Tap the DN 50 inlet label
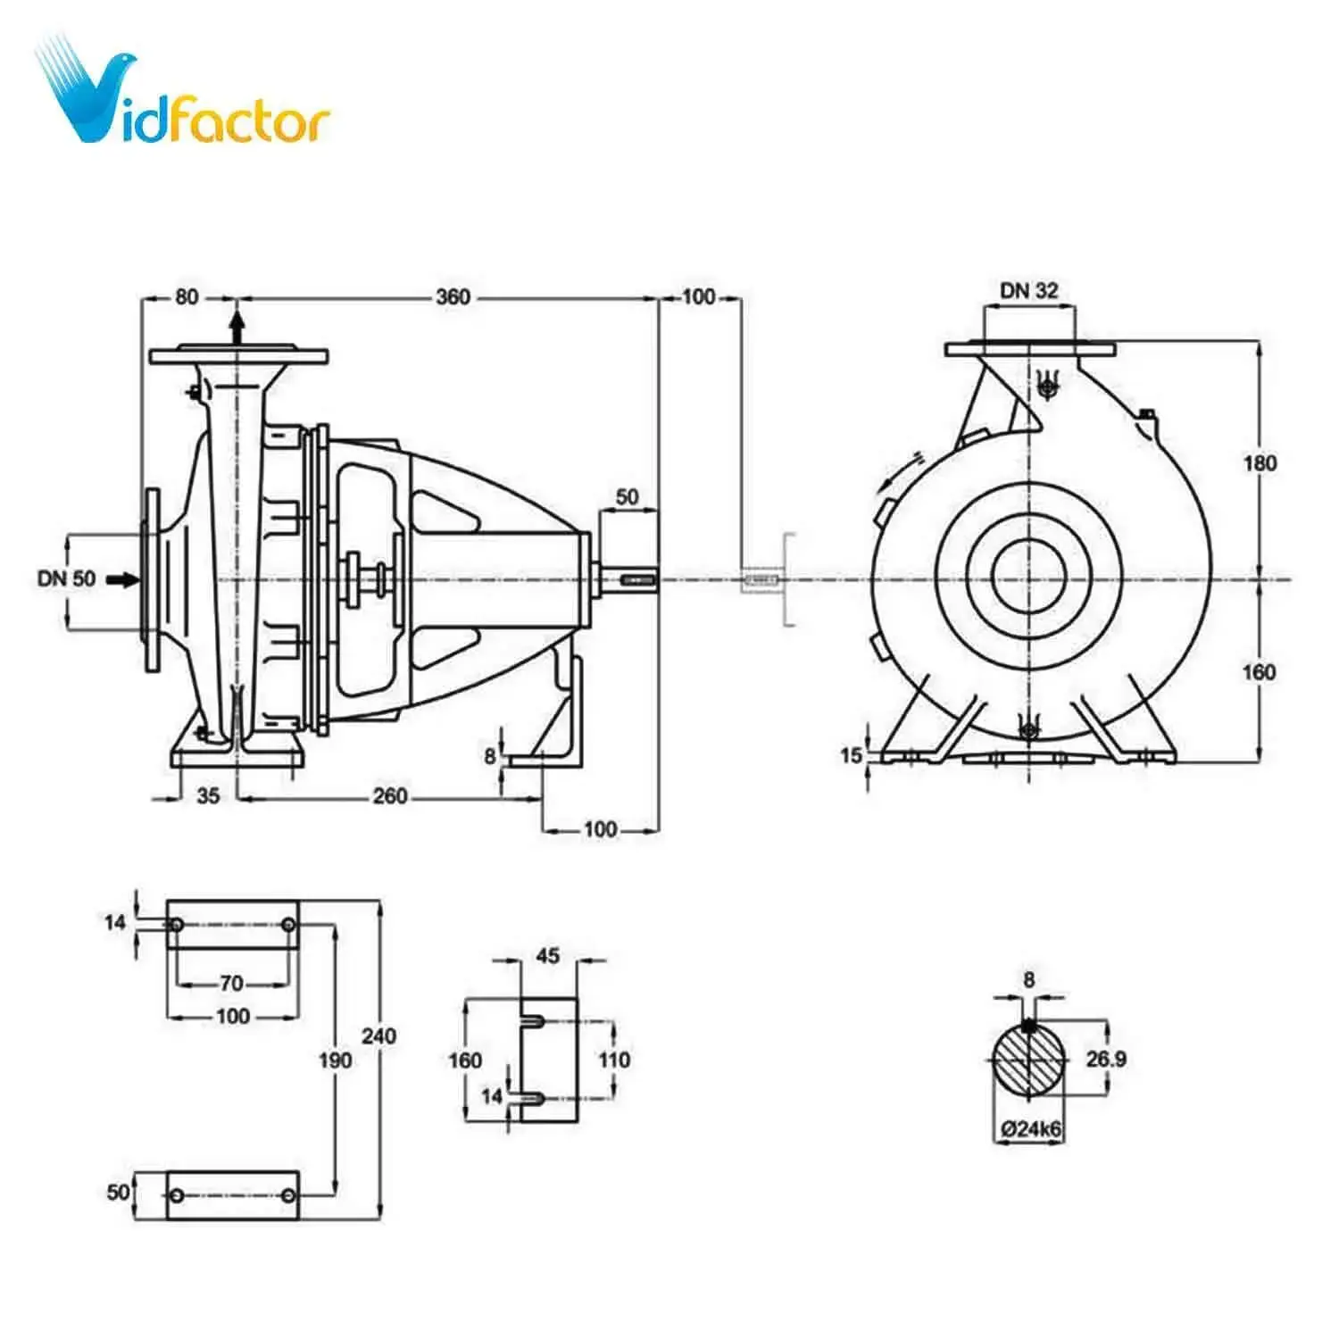coord(66,578)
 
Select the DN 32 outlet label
coord(1028,291)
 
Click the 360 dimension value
coord(453,296)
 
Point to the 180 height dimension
coord(1260,463)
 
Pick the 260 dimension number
coord(390,796)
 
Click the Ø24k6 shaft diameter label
coord(1031,1129)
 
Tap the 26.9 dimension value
coord(1106,1060)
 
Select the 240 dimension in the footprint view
coord(378,1036)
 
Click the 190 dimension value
coord(336,1060)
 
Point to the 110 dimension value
coord(613,1060)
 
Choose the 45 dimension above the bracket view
coord(548,956)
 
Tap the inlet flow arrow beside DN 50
coord(123,580)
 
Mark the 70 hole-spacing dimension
coord(231,984)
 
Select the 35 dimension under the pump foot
coord(207,796)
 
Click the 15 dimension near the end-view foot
coord(851,756)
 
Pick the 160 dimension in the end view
coord(1259,671)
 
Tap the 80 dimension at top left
coord(187,296)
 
